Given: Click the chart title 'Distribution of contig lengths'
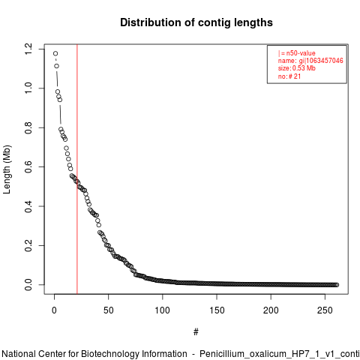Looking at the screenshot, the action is pos(196,22).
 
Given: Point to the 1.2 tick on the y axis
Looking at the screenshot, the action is pos(28,49).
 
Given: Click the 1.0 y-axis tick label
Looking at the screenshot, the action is pos(28,88).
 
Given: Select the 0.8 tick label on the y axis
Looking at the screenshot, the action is pos(28,127).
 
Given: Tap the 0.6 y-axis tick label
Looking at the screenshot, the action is pos(28,166).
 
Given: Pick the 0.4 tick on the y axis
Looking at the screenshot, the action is pos(28,206).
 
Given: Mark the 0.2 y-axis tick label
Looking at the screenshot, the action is pos(28,245).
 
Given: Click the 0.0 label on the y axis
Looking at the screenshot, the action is pos(28,285).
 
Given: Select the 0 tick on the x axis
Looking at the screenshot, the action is pos(54,310).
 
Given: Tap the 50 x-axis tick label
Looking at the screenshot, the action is pos(109,310).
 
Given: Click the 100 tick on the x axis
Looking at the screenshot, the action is pos(163,310).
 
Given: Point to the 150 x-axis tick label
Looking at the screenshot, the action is pos(217,310).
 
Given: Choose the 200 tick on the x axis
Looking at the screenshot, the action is pos(271,310).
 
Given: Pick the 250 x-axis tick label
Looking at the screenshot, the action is pos(325,310).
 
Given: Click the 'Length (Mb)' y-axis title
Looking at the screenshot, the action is pos(7,169).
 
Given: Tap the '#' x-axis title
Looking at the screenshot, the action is pos(196,331).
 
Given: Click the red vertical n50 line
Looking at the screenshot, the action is pos(77,169).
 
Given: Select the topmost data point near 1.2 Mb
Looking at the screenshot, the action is pos(55,53).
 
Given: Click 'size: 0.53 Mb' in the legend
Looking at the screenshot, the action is pos(297,68).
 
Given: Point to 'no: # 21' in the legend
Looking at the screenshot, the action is pos(289,76).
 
